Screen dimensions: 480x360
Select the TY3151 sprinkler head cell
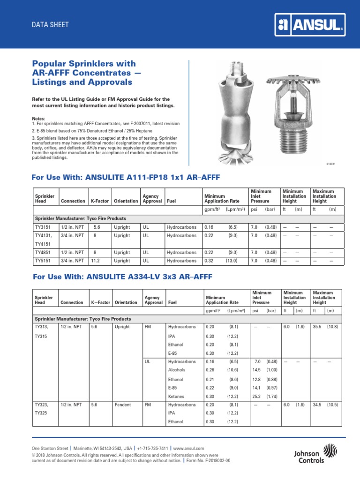[x=43, y=227]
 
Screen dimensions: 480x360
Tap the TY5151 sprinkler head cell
[x=43, y=261]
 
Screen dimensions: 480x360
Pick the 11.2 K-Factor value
[x=96, y=261]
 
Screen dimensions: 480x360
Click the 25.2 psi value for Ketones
[x=257, y=396]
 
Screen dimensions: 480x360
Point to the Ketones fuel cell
[x=176, y=396]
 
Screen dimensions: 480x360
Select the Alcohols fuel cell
[x=177, y=370]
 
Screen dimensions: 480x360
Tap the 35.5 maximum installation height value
[x=319, y=326]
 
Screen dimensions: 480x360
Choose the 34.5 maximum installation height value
[x=319, y=405]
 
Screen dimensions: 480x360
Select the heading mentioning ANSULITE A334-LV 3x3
[x=123, y=277]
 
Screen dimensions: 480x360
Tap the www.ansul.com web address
[x=188, y=449]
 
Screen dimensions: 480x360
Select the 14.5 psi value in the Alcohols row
[x=257, y=370]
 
